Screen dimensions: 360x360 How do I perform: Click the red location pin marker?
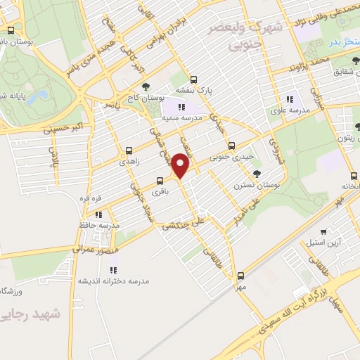click(x=181, y=166)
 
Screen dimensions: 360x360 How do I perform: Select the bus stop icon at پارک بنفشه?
click(x=193, y=79)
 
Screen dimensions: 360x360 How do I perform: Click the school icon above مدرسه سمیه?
click(x=181, y=107)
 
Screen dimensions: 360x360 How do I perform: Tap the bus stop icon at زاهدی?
click(x=128, y=150)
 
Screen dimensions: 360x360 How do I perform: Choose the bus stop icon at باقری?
click(x=160, y=179)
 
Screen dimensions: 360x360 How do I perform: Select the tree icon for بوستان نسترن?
click(x=257, y=172)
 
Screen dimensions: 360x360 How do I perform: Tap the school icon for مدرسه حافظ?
click(x=99, y=214)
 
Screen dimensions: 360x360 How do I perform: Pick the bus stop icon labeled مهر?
click(x=241, y=276)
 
